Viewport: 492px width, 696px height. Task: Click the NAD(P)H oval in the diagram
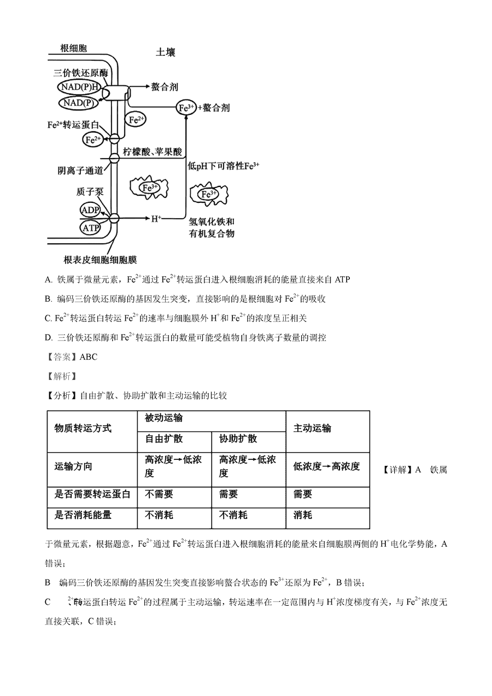click(79, 87)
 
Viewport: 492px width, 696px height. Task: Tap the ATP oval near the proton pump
click(90, 229)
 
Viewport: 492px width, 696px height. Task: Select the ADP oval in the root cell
click(90, 210)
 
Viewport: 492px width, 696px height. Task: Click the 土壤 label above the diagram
click(166, 52)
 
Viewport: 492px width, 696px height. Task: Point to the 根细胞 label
click(74, 48)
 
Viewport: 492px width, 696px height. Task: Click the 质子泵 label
click(90, 192)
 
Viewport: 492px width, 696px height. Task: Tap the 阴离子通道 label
click(80, 170)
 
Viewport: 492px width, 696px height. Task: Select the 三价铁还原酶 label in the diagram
click(80, 73)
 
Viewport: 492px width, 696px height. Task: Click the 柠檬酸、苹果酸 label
click(152, 151)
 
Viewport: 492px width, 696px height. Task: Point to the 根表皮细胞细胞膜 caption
click(100, 260)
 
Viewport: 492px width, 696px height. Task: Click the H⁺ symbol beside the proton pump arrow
click(156, 219)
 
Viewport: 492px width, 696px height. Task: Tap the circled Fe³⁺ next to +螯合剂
click(186, 108)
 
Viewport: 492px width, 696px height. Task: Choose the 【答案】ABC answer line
click(71, 356)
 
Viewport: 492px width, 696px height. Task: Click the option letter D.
click(48, 337)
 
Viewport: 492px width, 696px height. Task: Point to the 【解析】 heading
click(61, 376)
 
